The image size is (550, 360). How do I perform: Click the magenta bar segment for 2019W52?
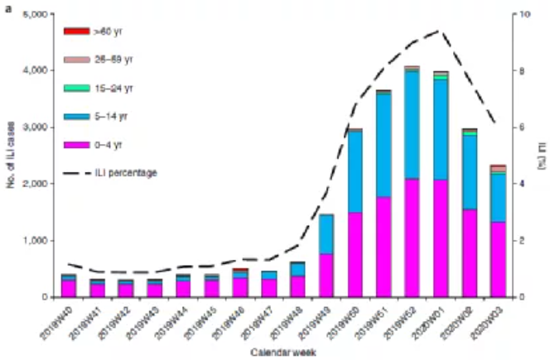(x=411, y=238)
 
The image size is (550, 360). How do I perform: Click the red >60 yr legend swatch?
(x=76, y=31)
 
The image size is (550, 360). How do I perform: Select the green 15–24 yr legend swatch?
(x=76, y=88)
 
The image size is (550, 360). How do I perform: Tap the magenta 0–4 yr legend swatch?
(x=76, y=144)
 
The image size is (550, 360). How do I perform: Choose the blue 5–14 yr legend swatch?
(x=76, y=117)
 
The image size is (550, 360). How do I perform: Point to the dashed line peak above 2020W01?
(x=441, y=31)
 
